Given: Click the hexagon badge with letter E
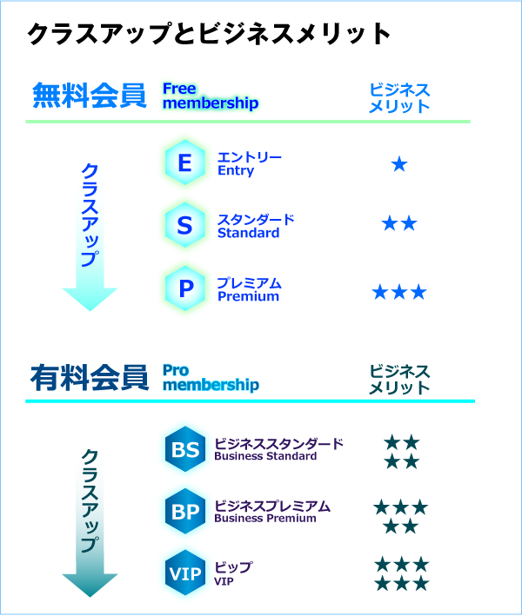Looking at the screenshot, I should [x=184, y=162].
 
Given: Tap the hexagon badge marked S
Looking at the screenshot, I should [x=184, y=226].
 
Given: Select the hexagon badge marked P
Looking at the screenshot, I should [x=184, y=289].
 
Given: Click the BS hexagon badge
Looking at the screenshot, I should [x=184, y=449].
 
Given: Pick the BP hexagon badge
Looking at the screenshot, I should [x=184, y=513].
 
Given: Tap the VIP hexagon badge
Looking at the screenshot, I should [x=184, y=574].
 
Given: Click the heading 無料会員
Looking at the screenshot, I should [x=89, y=96].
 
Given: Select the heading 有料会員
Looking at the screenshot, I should [x=89, y=378].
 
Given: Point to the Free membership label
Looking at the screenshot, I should [x=211, y=96].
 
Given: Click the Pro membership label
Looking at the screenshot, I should [x=211, y=377].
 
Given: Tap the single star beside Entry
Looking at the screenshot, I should [x=399, y=164].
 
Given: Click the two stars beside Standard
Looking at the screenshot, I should [x=399, y=224].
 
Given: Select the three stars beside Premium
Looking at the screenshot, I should [x=399, y=292].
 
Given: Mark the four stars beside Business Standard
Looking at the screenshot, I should [x=401, y=452].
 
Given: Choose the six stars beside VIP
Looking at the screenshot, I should [x=401, y=573].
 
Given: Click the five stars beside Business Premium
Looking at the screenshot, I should [x=400, y=516].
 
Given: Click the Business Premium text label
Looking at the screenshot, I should [x=271, y=512].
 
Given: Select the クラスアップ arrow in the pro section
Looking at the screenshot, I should [x=90, y=513].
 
